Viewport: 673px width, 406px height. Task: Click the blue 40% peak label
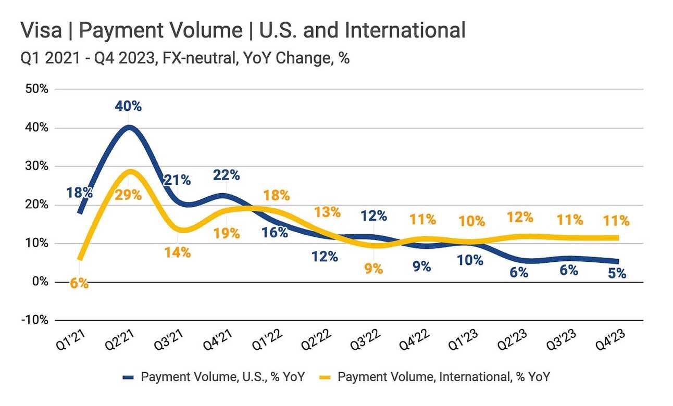point(129,106)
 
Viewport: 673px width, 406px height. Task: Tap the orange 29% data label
point(129,195)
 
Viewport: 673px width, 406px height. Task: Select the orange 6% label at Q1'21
point(80,284)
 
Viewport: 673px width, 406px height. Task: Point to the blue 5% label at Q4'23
point(617,273)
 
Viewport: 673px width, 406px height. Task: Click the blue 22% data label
point(227,175)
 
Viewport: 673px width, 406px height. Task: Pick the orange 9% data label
point(373,269)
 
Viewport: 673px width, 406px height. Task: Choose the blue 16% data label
point(275,232)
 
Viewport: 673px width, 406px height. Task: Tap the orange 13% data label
point(328,212)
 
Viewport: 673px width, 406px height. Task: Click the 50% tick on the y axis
point(37,89)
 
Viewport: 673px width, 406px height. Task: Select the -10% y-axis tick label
point(34,320)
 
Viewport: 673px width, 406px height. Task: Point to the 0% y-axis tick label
point(40,282)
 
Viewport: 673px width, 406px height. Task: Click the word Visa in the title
point(39,31)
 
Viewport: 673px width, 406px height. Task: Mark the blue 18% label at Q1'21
point(80,193)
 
